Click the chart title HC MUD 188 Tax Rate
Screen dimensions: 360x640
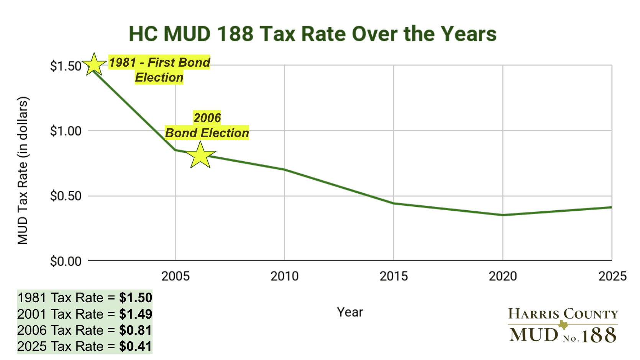312,34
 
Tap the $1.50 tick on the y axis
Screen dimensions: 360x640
66,66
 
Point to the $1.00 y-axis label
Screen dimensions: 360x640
66,131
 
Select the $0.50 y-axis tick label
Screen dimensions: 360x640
66,196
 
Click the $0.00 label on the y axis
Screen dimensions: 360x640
66,261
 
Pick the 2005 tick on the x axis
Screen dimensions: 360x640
175,276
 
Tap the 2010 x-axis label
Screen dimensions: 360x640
284,276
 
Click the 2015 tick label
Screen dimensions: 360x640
394,276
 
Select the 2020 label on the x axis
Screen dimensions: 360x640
503,276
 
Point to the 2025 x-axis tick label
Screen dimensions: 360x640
612,276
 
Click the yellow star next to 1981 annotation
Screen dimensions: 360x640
94,65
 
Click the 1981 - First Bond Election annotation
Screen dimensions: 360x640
159,70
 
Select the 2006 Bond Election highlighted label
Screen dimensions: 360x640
207,126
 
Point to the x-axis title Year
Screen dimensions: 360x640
350,312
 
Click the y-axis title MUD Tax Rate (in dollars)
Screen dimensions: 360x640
23,170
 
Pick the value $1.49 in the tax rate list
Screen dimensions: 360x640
136,314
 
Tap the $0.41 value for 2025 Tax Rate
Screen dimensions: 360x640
136,346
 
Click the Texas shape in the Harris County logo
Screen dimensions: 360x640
563,325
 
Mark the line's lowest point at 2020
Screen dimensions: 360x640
503,215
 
